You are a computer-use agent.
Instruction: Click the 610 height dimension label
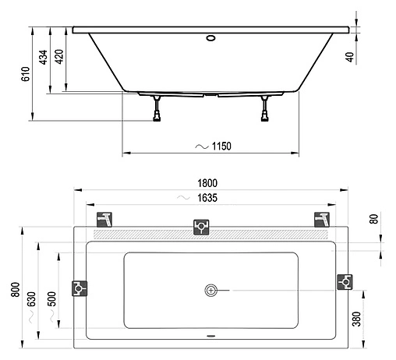click(x=25, y=75)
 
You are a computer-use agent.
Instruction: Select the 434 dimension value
click(x=44, y=57)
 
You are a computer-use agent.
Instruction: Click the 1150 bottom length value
click(x=221, y=146)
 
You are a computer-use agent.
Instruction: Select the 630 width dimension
click(x=31, y=298)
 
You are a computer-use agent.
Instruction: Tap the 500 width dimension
click(x=51, y=298)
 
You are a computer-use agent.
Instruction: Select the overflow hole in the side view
click(x=210, y=36)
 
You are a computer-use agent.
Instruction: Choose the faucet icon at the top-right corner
click(x=320, y=218)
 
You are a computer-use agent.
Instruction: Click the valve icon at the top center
click(x=201, y=227)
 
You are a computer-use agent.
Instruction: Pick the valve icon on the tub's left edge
click(x=79, y=288)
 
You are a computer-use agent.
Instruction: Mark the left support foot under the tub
click(x=158, y=108)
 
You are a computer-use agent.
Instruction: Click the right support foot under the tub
click(x=265, y=108)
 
